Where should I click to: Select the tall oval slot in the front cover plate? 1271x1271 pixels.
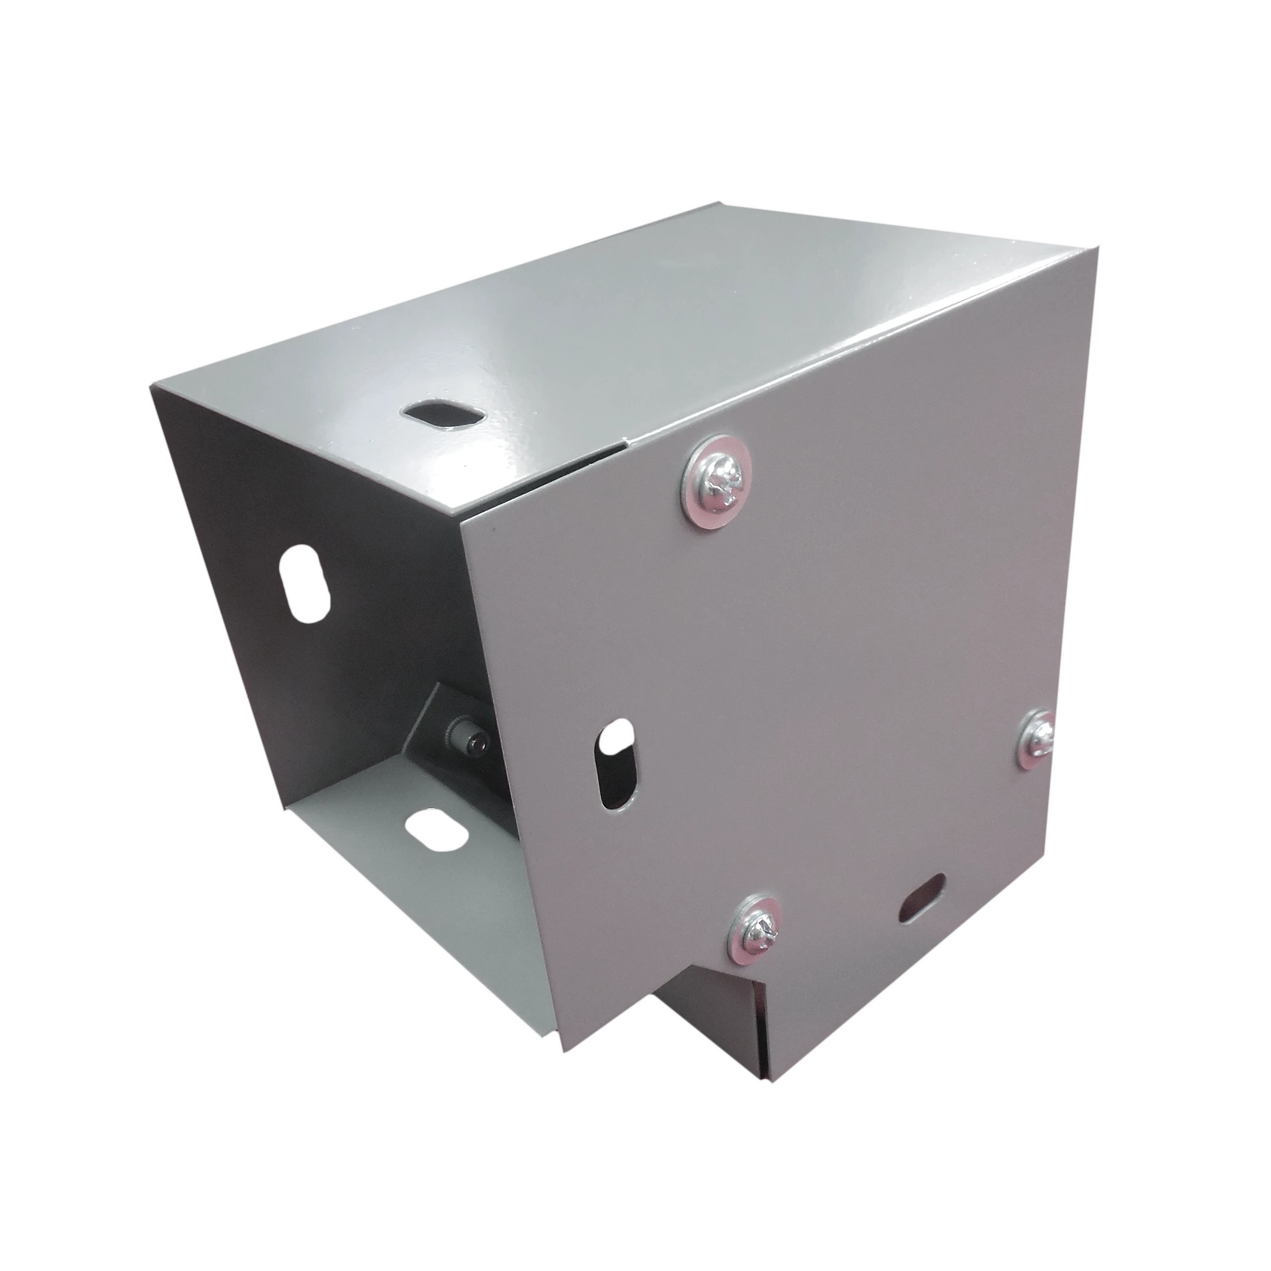point(618,763)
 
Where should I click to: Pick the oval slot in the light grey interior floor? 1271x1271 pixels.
point(435,830)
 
